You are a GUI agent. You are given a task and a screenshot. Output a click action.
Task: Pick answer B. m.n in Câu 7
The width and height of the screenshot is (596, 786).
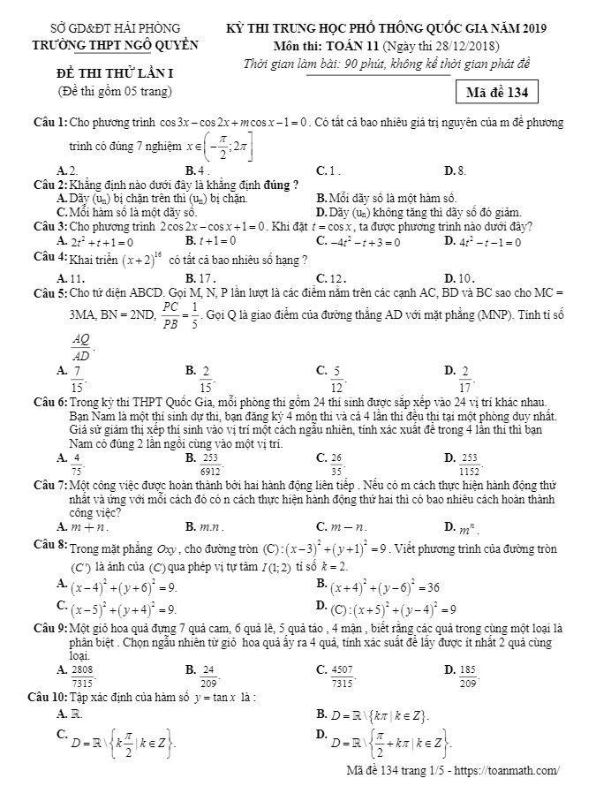(x=202, y=526)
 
